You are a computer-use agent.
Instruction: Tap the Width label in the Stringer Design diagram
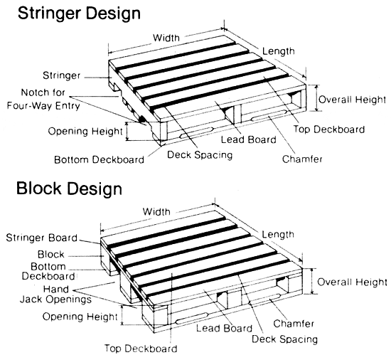(166, 38)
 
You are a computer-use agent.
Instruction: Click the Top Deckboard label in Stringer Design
(329, 129)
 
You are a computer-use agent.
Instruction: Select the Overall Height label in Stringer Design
(352, 100)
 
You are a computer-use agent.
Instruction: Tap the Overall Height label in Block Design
(352, 282)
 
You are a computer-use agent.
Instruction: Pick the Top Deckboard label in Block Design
(140, 349)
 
